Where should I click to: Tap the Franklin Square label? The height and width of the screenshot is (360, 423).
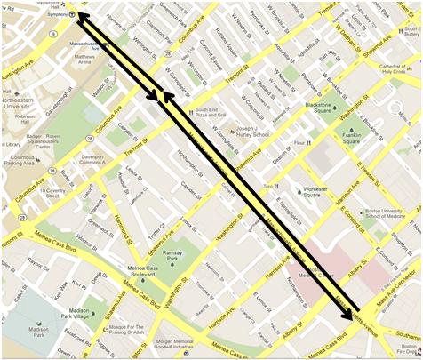point(352,137)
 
